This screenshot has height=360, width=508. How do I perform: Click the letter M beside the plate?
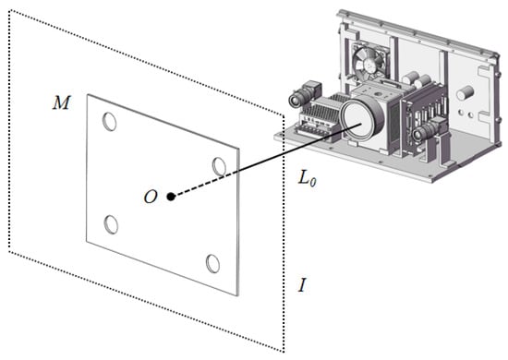click(x=61, y=103)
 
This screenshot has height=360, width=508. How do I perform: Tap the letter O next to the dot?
click(x=151, y=197)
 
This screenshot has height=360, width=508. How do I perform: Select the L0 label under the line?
click(x=308, y=178)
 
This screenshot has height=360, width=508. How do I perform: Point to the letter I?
click(x=302, y=285)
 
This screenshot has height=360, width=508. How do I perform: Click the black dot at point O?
click(x=171, y=197)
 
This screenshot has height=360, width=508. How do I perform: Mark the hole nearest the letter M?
click(x=110, y=122)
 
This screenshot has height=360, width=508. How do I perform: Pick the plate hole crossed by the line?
click(x=219, y=166)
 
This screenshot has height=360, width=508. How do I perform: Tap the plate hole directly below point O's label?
click(x=111, y=224)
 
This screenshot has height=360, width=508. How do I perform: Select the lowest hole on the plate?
click(x=212, y=263)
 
